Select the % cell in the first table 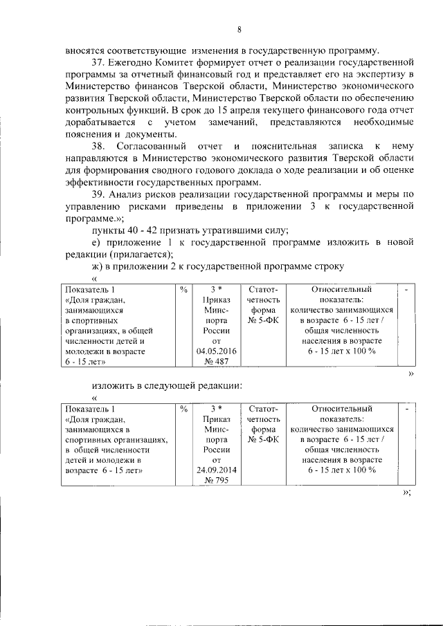point(183,290)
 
